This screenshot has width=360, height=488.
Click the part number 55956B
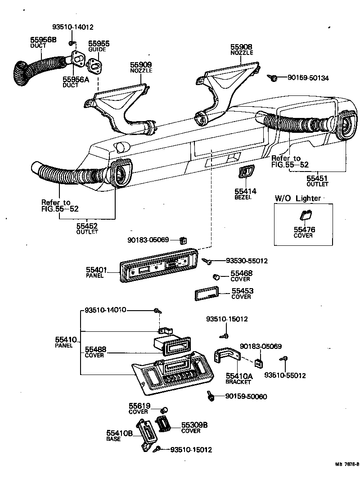43,40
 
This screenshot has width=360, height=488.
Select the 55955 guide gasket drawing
95,65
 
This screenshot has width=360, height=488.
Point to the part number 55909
141,65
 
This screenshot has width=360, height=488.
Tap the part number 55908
242,46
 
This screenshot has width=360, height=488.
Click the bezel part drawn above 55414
246,171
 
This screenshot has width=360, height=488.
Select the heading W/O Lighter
297,198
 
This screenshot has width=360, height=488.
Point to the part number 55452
87,226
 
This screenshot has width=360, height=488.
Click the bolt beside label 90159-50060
210,396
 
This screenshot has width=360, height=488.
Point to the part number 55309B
194,425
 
